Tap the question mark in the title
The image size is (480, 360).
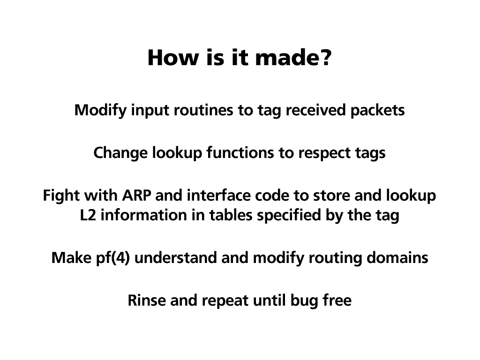click(326, 58)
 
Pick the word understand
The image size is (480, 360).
click(176, 258)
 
